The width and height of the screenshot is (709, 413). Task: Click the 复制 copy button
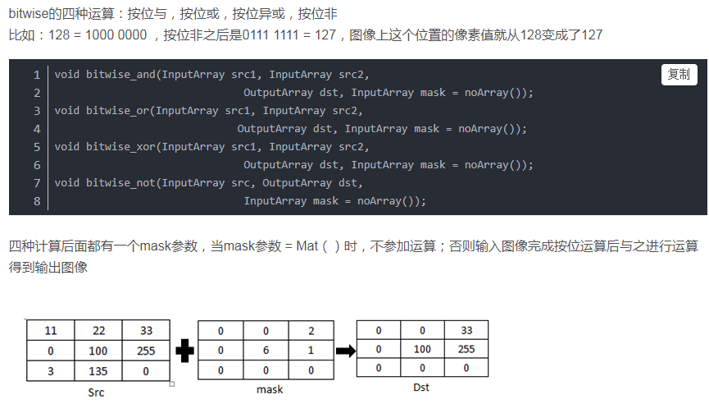[x=679, y=75]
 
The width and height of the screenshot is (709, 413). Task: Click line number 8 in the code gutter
[x=37, y=201]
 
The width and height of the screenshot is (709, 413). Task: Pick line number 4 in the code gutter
[x=37, y=129]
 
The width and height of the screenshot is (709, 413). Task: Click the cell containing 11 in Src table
[x=50, y=331]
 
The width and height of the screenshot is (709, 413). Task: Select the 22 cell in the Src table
[x=98, y=331]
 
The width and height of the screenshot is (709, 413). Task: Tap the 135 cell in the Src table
[x=98, y=370]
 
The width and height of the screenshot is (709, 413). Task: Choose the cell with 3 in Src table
[x=50, y=370]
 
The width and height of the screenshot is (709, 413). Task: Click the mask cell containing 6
[x=266, y=351]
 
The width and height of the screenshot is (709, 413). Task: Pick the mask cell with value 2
[x=311, y=331]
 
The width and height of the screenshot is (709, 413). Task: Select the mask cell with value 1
[x=311, y=351]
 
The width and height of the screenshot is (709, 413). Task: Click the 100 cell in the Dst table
[x=422, y=349]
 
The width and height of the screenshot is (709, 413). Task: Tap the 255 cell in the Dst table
[x=466, y=349]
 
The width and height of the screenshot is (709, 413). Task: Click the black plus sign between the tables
[x=185, y=351]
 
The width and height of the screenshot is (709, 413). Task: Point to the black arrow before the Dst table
[x=347, y=351]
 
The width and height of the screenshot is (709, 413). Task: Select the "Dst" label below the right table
[x=420, y=388]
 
